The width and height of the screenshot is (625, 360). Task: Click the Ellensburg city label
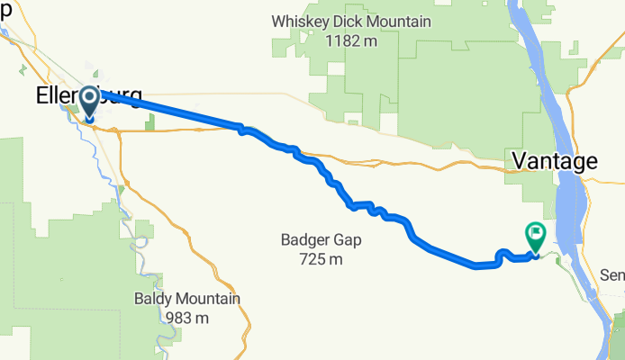pyautogui.click(x=88, y=96)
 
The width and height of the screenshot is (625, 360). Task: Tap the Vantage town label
pyautogui.click(x=554, y=161)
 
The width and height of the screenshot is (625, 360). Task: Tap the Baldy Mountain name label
pyautogui.click(x=187, y=299)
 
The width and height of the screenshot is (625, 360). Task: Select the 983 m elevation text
pyautogui.click(x=187, y=318)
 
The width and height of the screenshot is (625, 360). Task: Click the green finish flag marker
pyautogui.click(x=534, y=235)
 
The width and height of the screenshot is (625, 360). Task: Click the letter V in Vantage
pyautogui.click(x=520, y=161)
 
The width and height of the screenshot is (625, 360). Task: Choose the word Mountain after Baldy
pyautogui.click(x=208, y=299)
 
